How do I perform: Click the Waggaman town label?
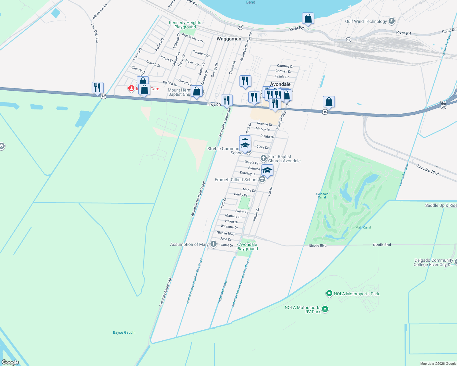coord(229,39)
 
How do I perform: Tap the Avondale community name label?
coord(280,84)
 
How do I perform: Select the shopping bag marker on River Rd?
coord(308,19)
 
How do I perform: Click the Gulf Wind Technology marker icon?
coord(392,21)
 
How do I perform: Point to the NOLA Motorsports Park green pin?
coord(329,293)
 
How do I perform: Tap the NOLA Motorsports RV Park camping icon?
coord(325,309)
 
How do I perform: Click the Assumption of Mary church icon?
coord(214,244)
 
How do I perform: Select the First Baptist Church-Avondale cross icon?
coord(263,158)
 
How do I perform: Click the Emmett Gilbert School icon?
coord(262,179)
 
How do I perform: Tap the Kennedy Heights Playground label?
coord(185,25)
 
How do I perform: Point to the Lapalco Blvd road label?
coord(428,170)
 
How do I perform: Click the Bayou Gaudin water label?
coord(124,332)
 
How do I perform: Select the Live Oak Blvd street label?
coord(95,33)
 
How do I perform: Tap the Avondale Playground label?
coord(247,246)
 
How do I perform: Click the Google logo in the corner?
coord(10,362)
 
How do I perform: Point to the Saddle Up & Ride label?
coord(441,205)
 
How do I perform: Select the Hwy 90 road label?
coord(214,105)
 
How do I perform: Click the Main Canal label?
coord(363,228)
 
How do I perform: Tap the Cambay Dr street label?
coord(285,66)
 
